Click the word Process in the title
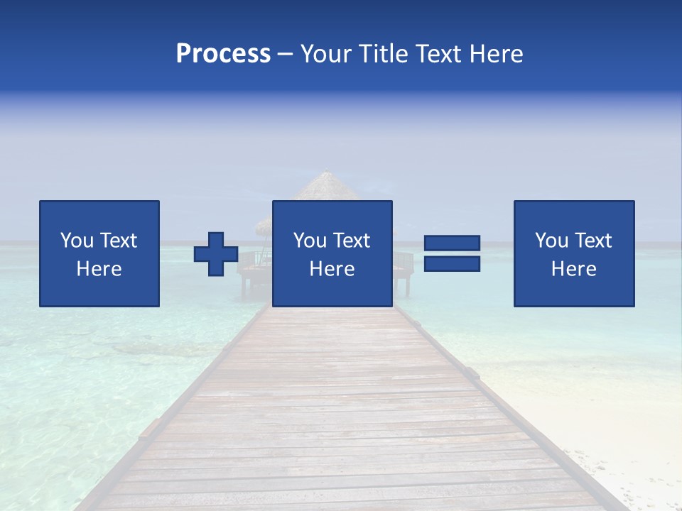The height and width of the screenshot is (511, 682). click(x=223, y=54)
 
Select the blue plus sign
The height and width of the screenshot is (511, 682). click(x=216, y=254)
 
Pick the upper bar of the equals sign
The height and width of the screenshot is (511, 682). click(x=453, y=243)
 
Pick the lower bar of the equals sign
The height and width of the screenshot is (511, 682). click(x=453, y=264)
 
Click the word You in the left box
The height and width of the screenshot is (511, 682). click(x=77, y=241)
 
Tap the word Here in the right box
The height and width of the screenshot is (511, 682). click(x=574, y=269)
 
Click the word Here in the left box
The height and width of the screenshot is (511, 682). click(x=99, y=269)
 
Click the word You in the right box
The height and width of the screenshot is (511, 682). click(x=551, y=241)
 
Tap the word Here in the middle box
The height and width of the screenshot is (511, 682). click(x=332, y=269)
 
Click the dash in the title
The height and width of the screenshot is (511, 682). click(x=286, y=55)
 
